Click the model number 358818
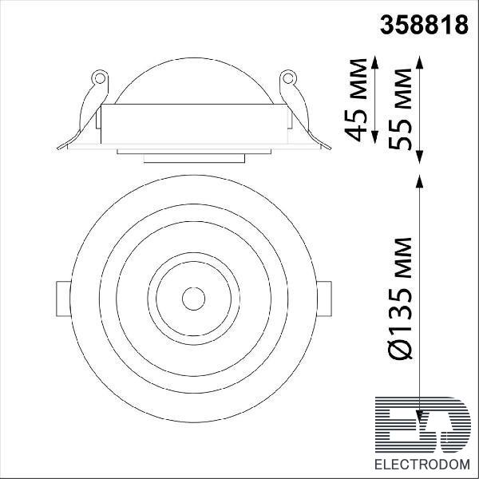tap(424, 25)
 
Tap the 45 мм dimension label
tap(355, 100)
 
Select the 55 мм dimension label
tap(401, 109)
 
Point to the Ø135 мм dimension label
tap(401, 298)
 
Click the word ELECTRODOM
tap(422, 465)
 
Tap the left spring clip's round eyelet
tap(100, 78)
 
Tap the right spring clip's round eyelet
tap(288, 78)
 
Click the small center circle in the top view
tap(193, 299)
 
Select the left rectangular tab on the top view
tap(63, 299)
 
